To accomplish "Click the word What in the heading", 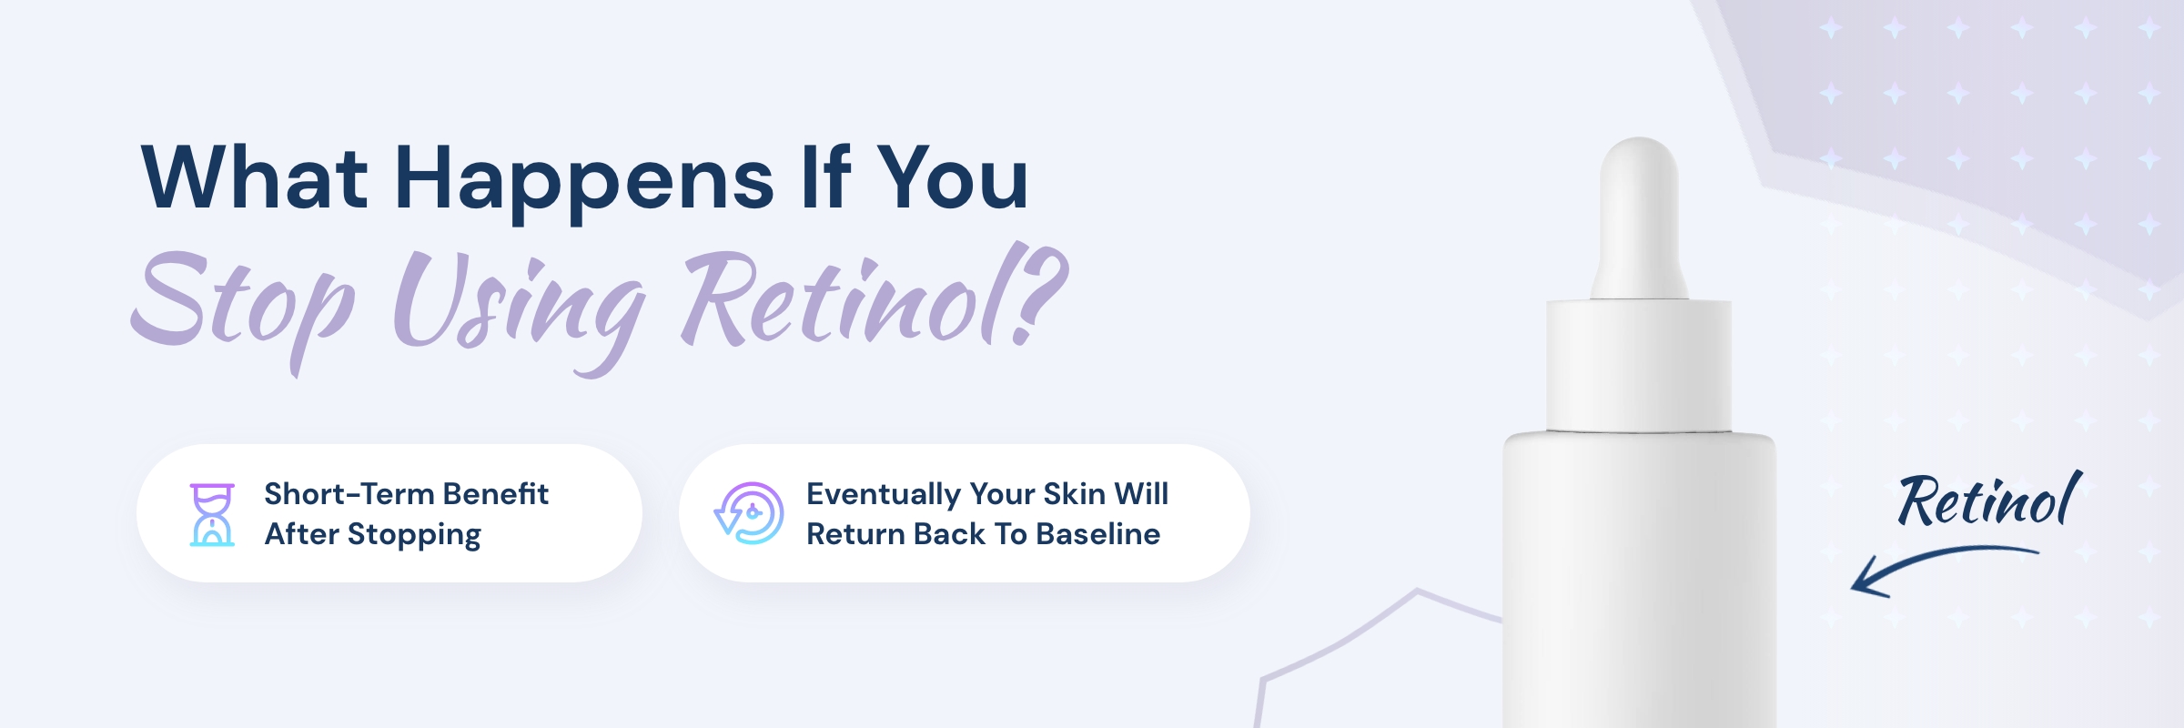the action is click(255, 177).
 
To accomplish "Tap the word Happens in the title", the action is click(584, 182).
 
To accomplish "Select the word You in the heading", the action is click(953, 177).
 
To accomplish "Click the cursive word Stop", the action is click(243, 309).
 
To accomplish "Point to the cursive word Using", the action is click(519, 309).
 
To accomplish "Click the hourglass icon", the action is click(212, 514).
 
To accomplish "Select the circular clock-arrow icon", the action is click(749, 513).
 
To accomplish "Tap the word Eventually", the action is click(884, 495).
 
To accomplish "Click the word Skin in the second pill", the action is click(1074, 493).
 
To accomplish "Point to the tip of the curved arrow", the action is click(1853, 589).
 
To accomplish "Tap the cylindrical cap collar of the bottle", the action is click(1639, 365).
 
